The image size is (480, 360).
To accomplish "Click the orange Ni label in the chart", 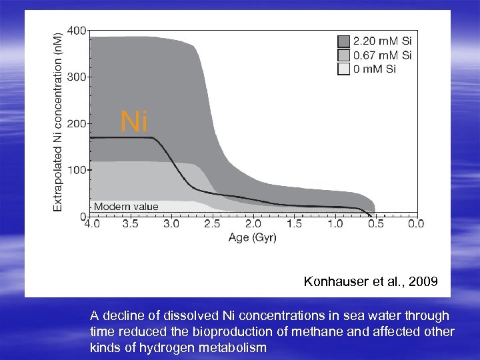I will point(134,122).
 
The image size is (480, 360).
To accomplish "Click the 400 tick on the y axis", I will point(77,31).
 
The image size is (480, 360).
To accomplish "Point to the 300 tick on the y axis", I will point(77,77).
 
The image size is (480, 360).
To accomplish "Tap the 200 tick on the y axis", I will point(77,123).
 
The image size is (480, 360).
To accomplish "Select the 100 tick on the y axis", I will point(77,170).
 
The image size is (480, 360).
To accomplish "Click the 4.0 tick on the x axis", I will point(91,225).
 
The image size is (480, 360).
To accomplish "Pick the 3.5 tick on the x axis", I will point(131,225).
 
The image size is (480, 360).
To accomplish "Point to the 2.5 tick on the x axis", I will point(213,225).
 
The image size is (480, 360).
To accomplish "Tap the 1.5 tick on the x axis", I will point(294,225).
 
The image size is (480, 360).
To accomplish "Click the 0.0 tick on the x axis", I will point(416,225).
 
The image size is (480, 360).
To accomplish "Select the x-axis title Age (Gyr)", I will point(253,238).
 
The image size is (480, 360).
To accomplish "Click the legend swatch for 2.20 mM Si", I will point(343,40).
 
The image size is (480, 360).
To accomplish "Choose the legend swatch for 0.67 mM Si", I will point(343,55).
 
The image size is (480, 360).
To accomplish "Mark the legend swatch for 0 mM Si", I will point(343,69).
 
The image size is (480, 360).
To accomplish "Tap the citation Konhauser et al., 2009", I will point(371,282).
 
